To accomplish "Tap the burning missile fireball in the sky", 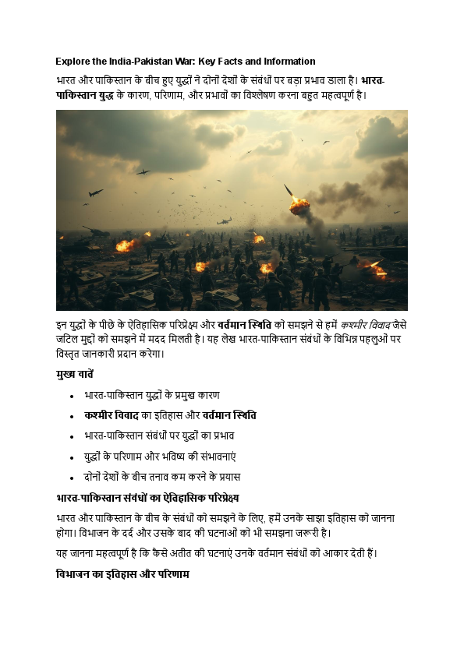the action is click(x=299, y=205).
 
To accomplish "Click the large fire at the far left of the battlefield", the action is click(x=125, y=245).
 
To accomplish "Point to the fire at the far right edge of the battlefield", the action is click(x=377, y=270).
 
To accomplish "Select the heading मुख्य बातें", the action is click(x=75, y=374).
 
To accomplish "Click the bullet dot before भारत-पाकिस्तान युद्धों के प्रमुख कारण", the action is click(x=73, y=395).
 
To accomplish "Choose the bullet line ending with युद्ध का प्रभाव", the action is click(x=170, y=436).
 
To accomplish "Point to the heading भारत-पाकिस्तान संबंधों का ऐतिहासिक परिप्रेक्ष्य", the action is click(x=147, y=497).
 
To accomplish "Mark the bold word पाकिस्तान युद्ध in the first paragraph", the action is click(x=86, y=95).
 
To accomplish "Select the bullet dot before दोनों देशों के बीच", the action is click(x=73, y=476).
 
